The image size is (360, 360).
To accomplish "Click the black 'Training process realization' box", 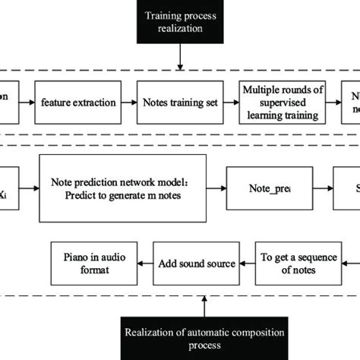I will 179,21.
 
